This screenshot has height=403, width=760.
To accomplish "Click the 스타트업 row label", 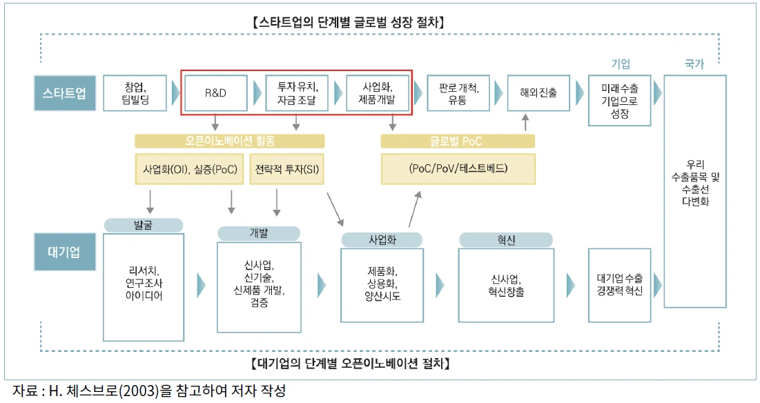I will coord(64,93).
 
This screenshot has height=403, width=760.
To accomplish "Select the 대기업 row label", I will coord(64,252).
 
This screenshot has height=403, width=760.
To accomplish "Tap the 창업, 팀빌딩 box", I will coord(136,93).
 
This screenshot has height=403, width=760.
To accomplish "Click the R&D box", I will coord(215,93).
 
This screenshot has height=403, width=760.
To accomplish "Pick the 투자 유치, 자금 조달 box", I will coord(296,93).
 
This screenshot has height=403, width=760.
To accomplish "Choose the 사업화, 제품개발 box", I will coord(377,93).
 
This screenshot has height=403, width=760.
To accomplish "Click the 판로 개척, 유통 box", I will coord(458,93).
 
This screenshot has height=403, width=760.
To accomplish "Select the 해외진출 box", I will coord(538,93).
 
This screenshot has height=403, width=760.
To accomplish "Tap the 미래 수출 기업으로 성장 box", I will coord(619,100).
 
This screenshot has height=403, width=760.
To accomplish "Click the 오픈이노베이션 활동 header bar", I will coord(229,141).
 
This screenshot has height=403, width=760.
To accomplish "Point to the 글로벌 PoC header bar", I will coord(457,141).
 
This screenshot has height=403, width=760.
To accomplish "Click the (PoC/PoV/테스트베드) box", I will coord(457,168).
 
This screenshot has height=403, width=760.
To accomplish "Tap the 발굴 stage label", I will coord(143,225).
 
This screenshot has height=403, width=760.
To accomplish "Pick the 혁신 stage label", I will coord(505,239).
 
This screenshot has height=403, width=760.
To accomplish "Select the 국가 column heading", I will coord(694,64).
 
